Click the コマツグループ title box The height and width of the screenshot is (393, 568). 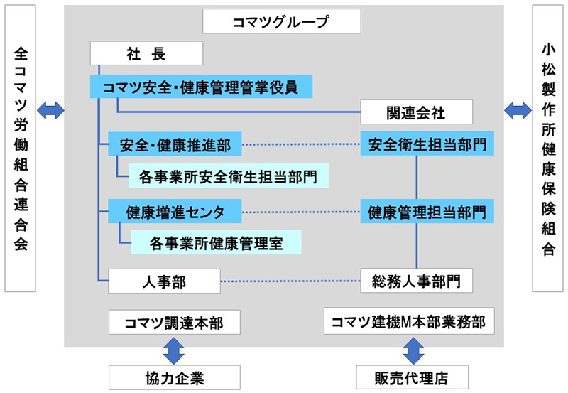280,22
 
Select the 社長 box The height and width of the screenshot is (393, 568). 147,53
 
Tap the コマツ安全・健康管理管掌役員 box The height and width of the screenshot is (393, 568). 201,87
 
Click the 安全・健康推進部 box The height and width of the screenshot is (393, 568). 174,145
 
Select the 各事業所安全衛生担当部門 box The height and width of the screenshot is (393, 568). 228,175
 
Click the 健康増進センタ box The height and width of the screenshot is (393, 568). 174,211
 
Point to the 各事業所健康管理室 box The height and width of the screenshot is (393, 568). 216,242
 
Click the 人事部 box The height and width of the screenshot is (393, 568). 163,281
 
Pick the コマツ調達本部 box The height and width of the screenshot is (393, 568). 174,322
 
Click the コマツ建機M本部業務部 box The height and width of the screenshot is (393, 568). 409,321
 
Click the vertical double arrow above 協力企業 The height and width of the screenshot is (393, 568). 174,350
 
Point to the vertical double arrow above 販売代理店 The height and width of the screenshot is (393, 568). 413,350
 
